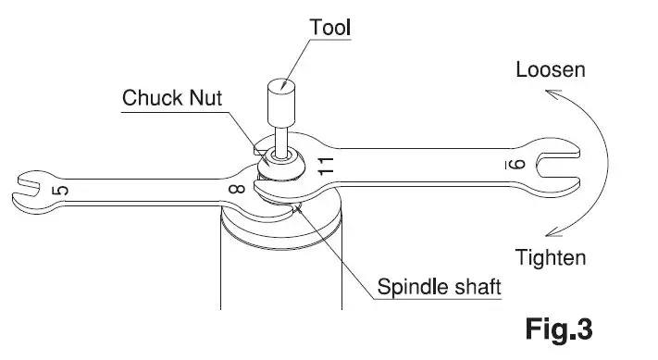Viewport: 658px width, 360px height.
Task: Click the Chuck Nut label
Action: pos(172,97)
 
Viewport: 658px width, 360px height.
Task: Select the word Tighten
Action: pos(552,257)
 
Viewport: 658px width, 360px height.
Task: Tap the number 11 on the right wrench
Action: pos(325,167)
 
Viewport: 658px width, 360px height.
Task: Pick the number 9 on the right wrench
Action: pos(519,164)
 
